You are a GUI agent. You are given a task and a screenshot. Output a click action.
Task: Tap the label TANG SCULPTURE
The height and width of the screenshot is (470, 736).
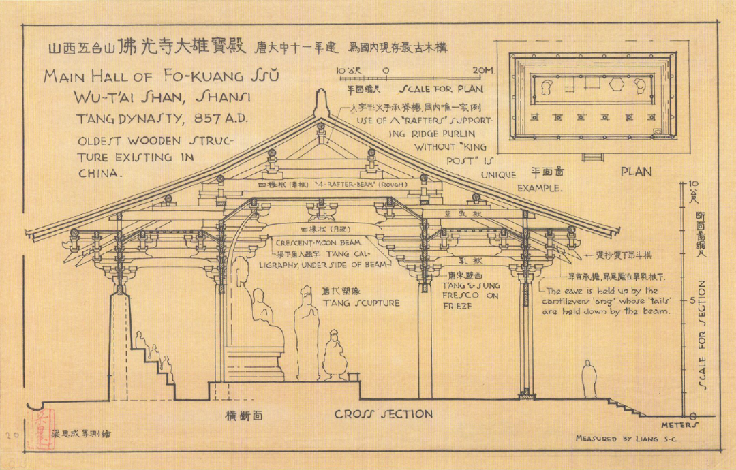(x=361, y=303)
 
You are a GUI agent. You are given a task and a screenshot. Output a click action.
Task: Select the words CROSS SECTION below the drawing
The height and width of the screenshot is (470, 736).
(x=383, y=414)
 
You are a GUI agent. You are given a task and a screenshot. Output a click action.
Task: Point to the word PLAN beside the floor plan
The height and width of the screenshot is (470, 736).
(x=636, y=172)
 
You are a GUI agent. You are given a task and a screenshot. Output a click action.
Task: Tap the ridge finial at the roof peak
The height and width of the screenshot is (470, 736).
(x=320, y=104)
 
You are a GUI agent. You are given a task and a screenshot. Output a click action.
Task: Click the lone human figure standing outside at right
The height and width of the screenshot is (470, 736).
(x=588, y=379)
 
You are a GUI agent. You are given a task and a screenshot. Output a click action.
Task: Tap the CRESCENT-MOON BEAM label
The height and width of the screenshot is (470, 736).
(x=318, y=242)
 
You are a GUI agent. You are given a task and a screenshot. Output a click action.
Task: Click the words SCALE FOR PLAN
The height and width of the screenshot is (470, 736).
(x=442, y=89)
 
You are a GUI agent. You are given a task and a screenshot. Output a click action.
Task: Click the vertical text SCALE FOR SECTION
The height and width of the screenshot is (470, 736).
(x=702, y=338)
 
